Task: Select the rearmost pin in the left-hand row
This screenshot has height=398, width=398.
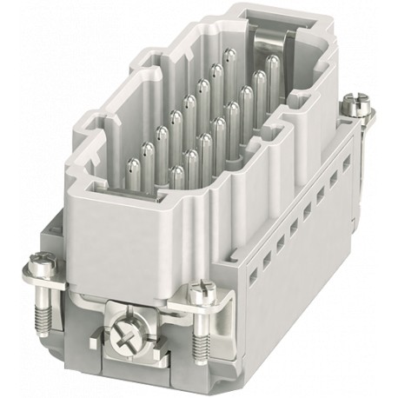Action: click(x=228, y=58)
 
